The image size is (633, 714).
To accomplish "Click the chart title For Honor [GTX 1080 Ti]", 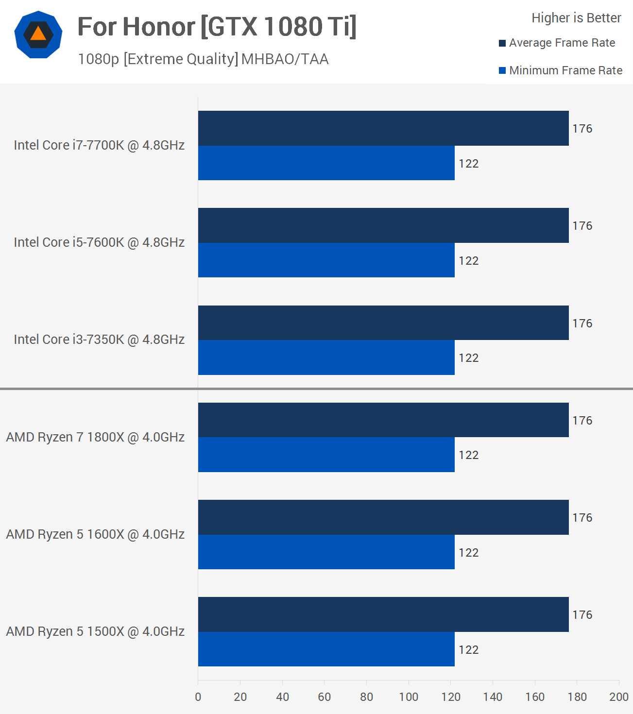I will point(217,27).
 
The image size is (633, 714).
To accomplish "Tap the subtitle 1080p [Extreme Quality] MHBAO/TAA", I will point(203,59).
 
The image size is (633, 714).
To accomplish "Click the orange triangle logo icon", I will point(38,34).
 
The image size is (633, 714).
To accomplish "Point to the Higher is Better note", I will point(576,18).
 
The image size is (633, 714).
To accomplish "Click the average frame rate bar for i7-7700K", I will point(383,128).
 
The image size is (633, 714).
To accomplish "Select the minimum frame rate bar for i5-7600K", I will point(326,260).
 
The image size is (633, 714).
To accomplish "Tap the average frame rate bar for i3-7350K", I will point(383,323).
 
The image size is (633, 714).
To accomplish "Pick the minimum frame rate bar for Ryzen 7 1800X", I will point(326,455).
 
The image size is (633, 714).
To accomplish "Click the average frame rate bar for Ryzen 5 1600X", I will point(383,517).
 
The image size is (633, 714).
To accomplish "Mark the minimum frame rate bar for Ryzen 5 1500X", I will point(326,649).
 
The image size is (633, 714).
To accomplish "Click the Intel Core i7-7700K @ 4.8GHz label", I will point(99,145).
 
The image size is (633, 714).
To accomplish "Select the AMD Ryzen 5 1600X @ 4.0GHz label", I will point(95,534).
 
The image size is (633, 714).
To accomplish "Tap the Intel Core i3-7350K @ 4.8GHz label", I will point(99,340).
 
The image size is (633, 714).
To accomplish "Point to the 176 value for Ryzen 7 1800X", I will point(582,421).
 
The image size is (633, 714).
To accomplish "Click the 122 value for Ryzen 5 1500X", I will point(468,650).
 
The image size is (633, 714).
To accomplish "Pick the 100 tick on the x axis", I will point(409,697).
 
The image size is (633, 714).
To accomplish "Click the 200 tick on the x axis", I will point(618,697).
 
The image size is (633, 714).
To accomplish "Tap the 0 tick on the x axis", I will point(198,697).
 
